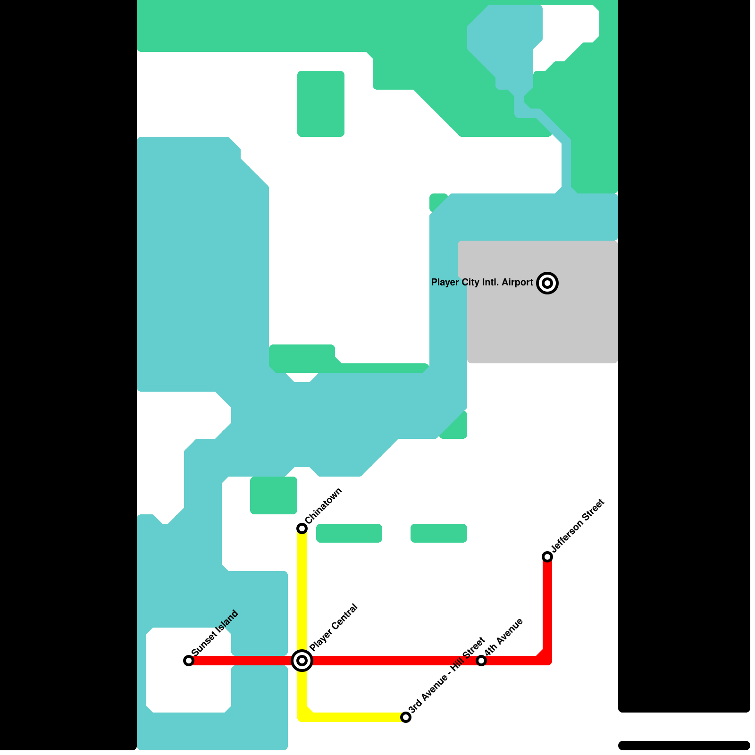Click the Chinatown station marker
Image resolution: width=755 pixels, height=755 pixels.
[x=302, y=528]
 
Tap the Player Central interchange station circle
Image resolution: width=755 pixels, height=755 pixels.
[x=302, y=661]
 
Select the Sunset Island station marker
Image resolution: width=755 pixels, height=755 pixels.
[x=189, y=661]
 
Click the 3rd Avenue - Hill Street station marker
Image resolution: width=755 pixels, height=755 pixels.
[x=406, y=717]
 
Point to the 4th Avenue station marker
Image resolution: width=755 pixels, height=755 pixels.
[x=481, y=661]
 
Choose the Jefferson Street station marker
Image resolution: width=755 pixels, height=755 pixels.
[x=547, y=557]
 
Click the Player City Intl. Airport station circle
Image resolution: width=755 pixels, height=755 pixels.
[x=547, y=283]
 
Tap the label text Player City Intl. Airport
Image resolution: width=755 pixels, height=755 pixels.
[x=481, y=283]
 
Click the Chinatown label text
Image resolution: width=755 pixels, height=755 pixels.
[x=324, y=506]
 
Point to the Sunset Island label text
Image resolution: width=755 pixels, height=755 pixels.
[x=215, y=633]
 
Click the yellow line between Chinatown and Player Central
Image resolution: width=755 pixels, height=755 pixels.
[x=302, y=595]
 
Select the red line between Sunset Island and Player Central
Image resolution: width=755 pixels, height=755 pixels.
[x=241, y=661]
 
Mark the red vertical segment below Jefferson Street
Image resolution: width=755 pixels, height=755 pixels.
[x=547, y=609]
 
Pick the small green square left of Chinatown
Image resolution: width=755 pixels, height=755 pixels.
[x=274, y=495]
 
